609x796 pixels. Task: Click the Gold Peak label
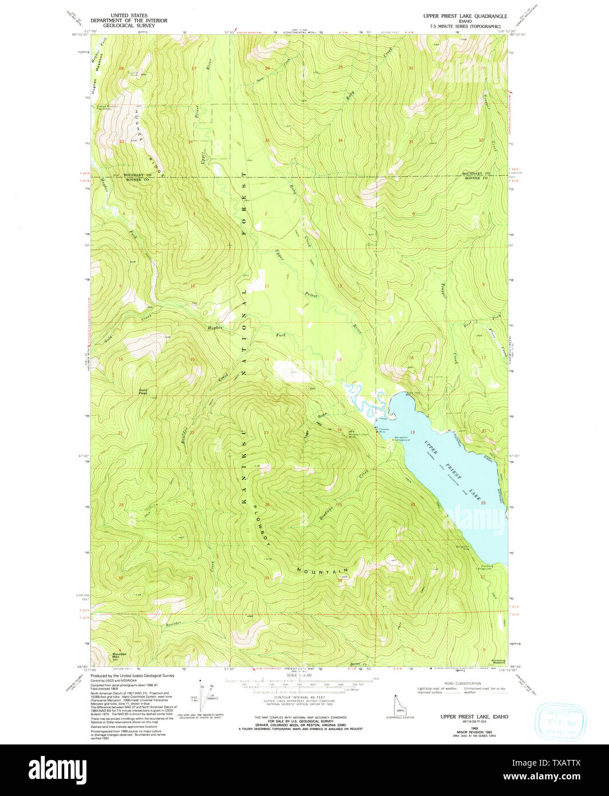point(143,392)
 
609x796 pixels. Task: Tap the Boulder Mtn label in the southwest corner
point(119,655)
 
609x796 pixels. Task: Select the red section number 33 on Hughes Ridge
point(121,141)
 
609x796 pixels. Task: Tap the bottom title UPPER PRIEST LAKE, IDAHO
point(474,716)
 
